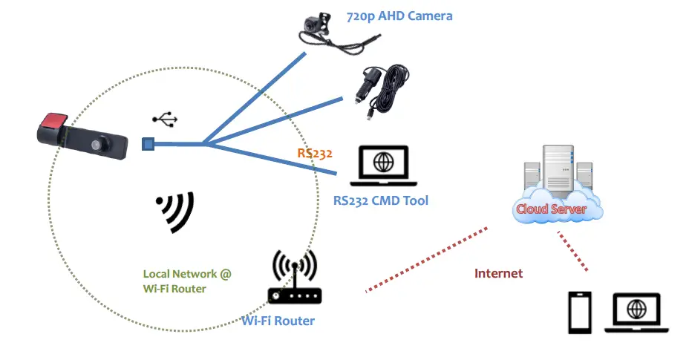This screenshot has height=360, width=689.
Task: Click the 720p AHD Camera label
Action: [399, 16]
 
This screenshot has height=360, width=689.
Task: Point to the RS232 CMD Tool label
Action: [380, 200]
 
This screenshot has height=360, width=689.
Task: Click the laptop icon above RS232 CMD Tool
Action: [383, 167]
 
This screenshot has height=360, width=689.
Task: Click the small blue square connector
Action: [148, 143]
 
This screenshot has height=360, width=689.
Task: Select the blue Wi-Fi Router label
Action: [278, 321]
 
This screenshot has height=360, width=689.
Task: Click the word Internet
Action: [498, 273]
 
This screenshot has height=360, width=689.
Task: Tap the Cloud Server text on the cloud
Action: [551, 209]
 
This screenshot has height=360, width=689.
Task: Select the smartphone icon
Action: [580, 312]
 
